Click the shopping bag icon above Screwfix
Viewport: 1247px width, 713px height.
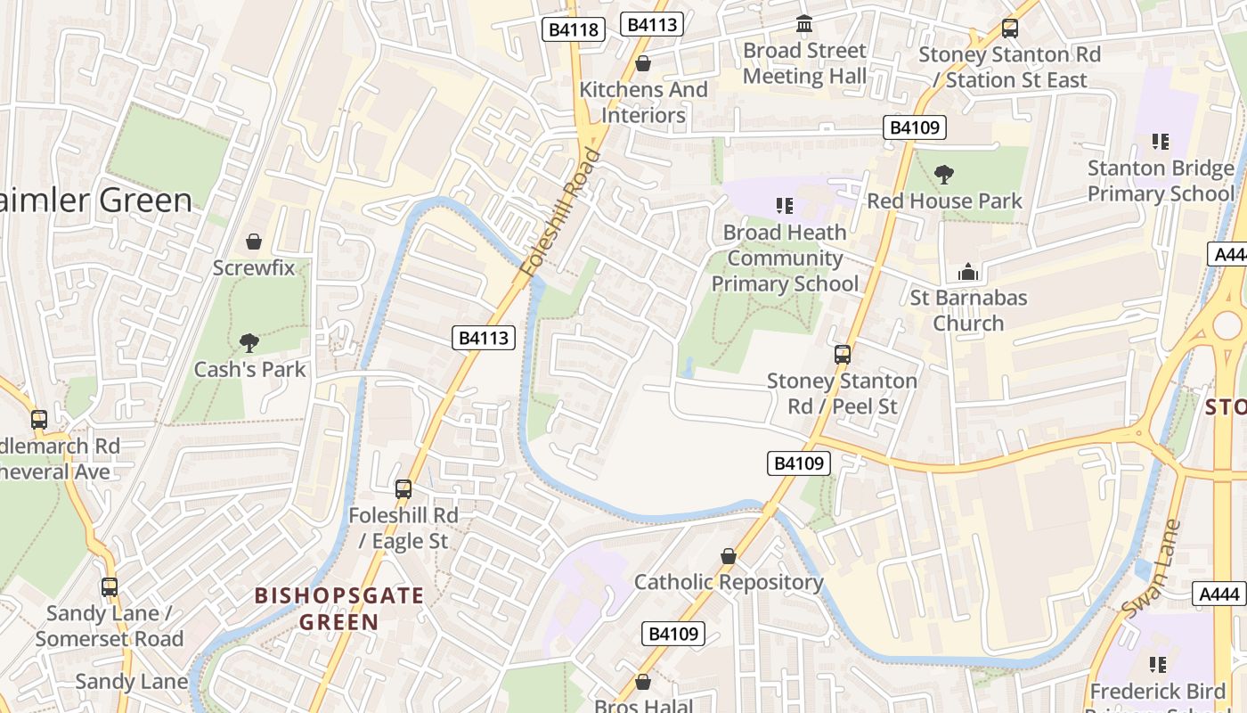[x=254, y=242]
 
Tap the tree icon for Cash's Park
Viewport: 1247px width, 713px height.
[x=249, y=342]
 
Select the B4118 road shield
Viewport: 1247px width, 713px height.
[x=574, y=29]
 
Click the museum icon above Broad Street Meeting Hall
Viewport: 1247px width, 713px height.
[x=804, y=24]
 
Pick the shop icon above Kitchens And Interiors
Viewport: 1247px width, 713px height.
[x=643, y=63]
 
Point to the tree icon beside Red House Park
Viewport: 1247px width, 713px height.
[x=943, y=174]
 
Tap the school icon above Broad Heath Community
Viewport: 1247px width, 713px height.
[x=785, y=206]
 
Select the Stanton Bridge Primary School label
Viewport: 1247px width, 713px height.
[x=1161, y=181]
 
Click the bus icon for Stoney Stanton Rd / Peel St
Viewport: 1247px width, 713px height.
[x=843, y=355]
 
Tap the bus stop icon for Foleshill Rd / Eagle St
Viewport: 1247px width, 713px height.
[x=403, y=488]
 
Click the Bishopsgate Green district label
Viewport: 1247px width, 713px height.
[x=339, y=609]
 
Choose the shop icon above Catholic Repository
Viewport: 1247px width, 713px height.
[x=729, y=556]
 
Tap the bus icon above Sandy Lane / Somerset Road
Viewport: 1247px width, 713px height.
[x=110, y=586]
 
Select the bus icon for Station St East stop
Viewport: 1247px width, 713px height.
[x=1009, y=29]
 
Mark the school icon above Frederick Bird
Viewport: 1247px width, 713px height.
[x=1158, y=664]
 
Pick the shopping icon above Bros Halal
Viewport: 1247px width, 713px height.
[x=643, y=682]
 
